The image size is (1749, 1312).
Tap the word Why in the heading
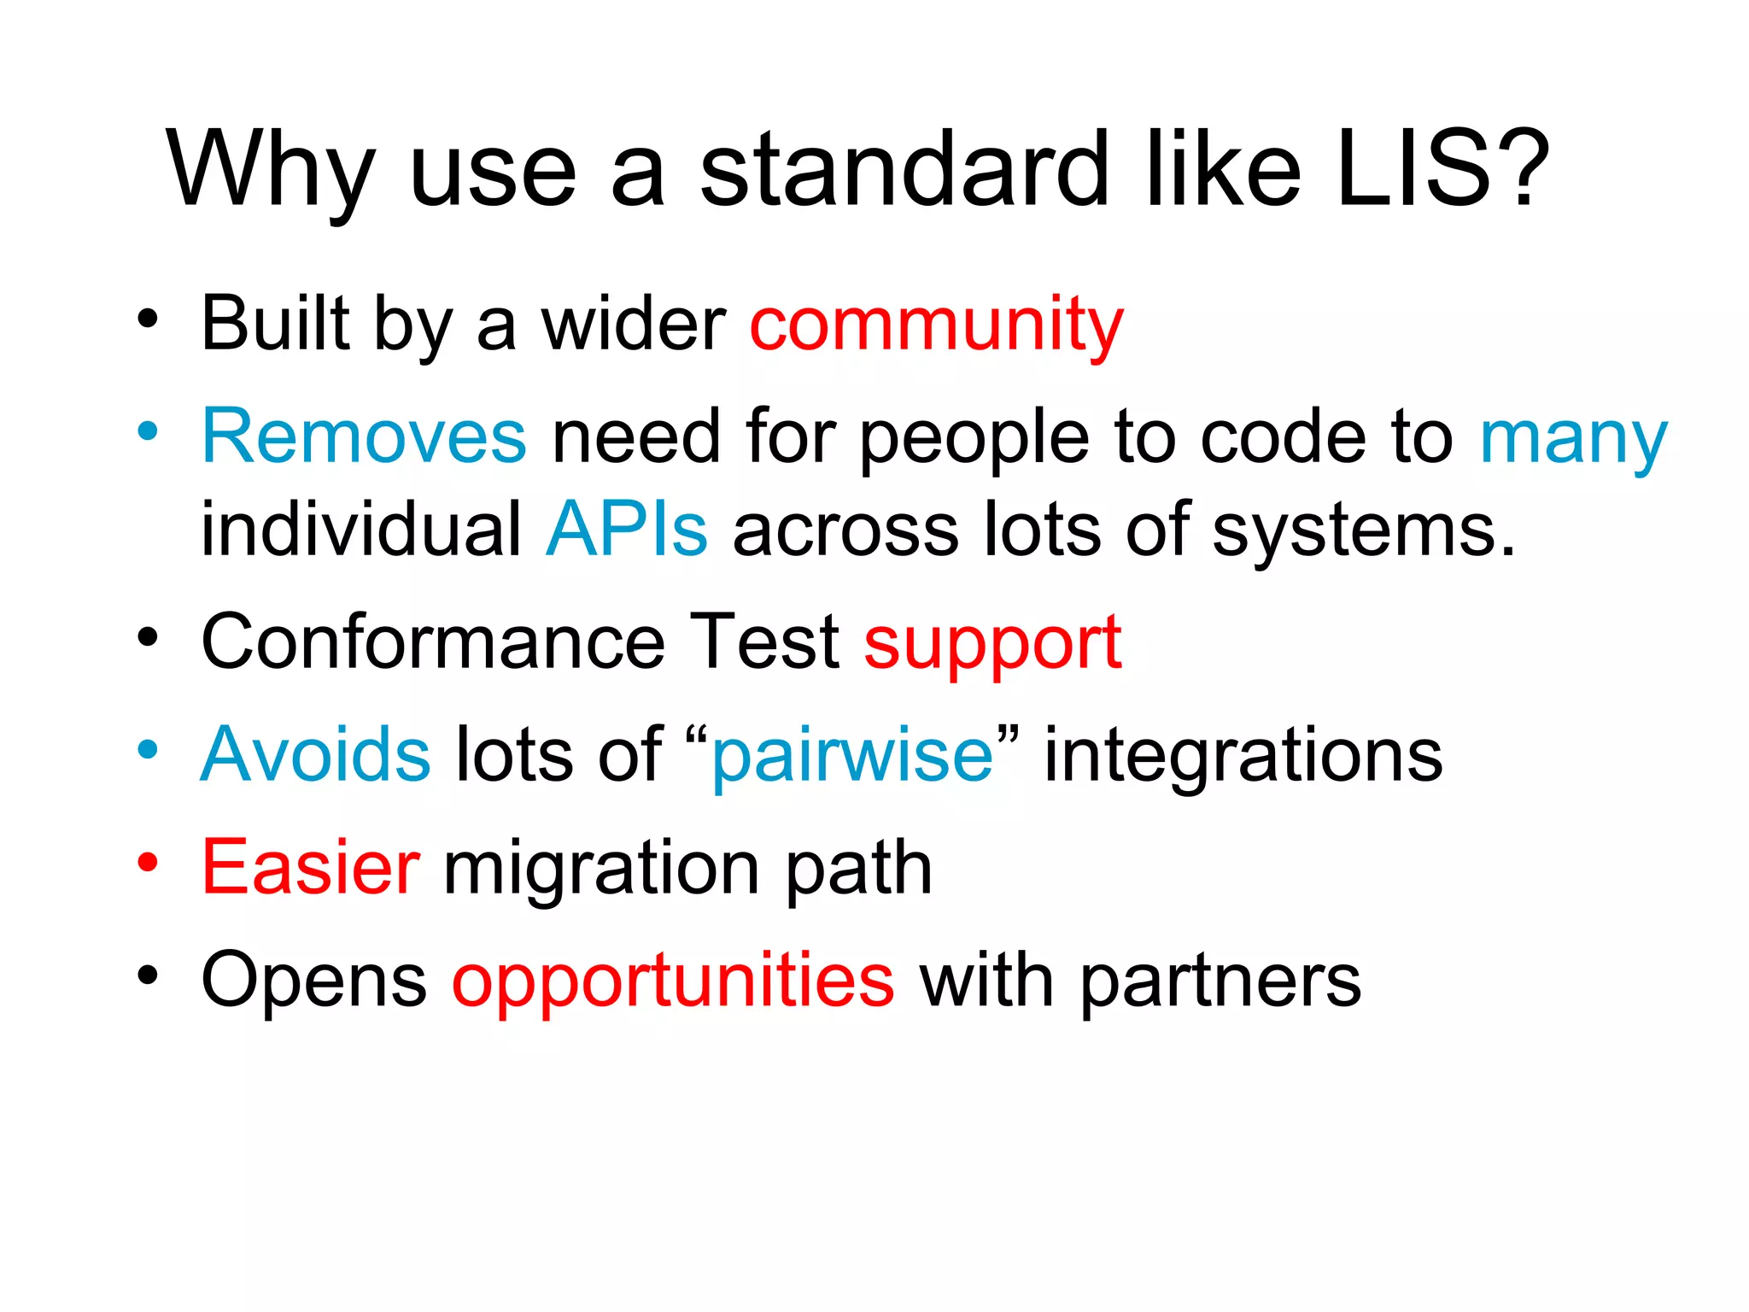click(270, 171)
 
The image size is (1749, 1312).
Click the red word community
click(936, 325)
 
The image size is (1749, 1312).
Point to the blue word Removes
click(364, 436)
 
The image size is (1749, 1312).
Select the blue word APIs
click(627, 530)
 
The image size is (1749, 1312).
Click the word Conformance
click(432, 641)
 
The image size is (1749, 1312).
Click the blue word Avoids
click(315, 754)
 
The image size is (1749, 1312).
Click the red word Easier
click(310, 868)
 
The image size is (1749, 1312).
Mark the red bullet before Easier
click(148, 863)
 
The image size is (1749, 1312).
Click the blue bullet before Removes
click(148, 431)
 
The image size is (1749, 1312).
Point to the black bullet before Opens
click(148, 975)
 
